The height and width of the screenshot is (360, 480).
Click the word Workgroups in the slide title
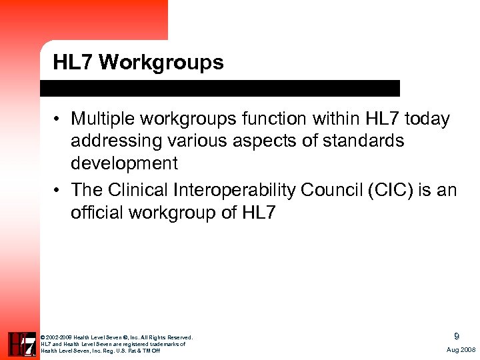coord(163,63)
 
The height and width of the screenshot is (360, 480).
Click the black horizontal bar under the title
coord(220,89)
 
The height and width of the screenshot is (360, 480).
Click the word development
coord(125,163)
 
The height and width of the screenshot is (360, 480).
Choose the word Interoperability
coord(233,191)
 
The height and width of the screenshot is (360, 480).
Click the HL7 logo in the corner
coord(22,344)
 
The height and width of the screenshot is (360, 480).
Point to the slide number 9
coord(456,337)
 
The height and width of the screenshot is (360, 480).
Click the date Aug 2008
coord(461,350)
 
